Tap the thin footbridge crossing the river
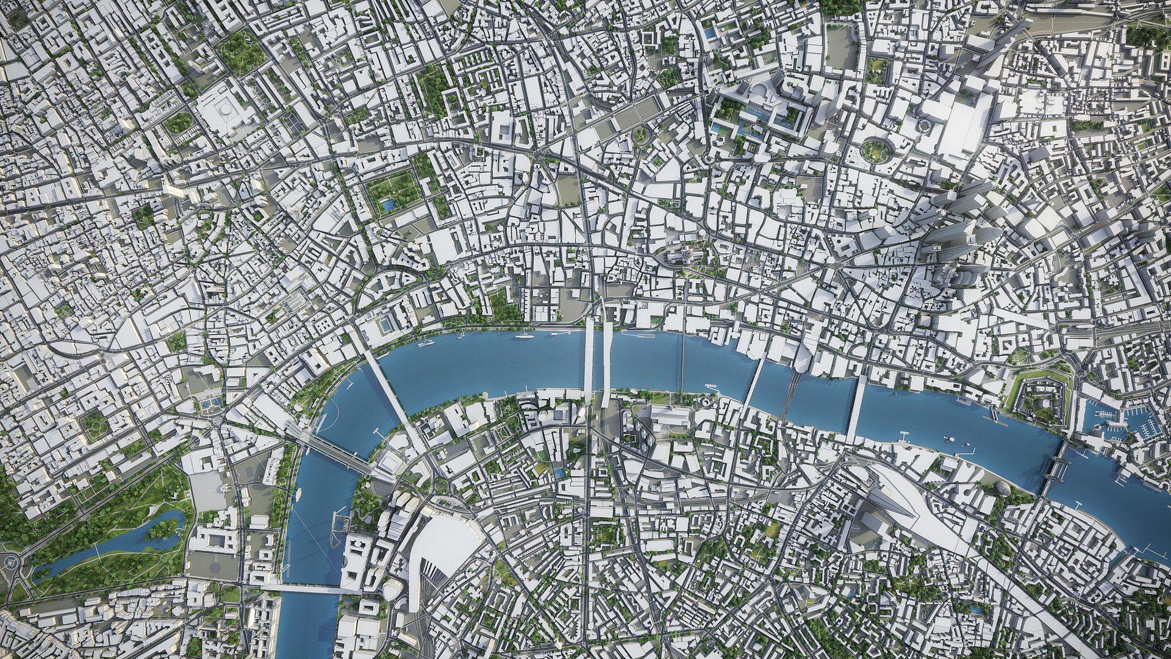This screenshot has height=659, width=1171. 681,364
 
